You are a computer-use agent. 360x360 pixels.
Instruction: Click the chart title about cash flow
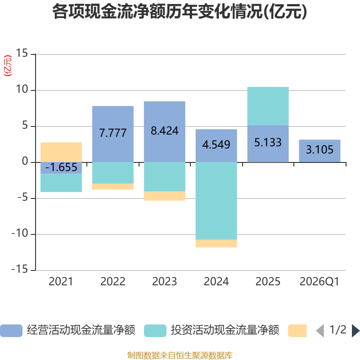(x=180, y=12)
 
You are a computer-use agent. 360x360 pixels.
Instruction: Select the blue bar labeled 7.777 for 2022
(x=113, y=134)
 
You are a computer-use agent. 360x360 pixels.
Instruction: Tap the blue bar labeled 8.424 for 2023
(x=165, y=132)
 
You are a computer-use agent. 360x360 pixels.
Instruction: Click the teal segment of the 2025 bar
(x=268, y=106)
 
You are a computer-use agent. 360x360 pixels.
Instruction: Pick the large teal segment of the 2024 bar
(x=216, y=201)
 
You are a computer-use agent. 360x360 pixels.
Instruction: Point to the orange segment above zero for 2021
(x=61, y=152)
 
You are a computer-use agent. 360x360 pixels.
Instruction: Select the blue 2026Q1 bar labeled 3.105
(x=319, y=151)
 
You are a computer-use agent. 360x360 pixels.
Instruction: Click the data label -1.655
(x=61, y=167)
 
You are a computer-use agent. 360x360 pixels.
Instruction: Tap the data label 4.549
(x=216, y=144)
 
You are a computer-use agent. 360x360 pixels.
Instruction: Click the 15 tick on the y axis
(x=22, y=53)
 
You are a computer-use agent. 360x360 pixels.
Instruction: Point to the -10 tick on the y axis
(x=20, y=233)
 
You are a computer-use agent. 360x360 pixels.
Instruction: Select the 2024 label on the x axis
(x=216, y=282)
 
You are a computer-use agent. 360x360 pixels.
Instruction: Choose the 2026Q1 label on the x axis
(x=319, y=282)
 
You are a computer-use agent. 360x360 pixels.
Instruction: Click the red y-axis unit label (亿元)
(x=8, y=66)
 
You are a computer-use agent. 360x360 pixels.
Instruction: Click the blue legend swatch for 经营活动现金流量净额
(x=11, y=331)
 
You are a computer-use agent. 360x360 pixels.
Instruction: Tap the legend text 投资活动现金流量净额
(x=225, y=330)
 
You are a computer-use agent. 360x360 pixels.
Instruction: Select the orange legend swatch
(x=297, y=331)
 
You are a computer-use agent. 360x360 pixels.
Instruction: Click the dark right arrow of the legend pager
(x=355, y=331)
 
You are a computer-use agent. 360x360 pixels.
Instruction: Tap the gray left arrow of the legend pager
(x=320, y=331)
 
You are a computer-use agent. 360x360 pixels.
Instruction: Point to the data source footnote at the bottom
(x=180, y=355)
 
